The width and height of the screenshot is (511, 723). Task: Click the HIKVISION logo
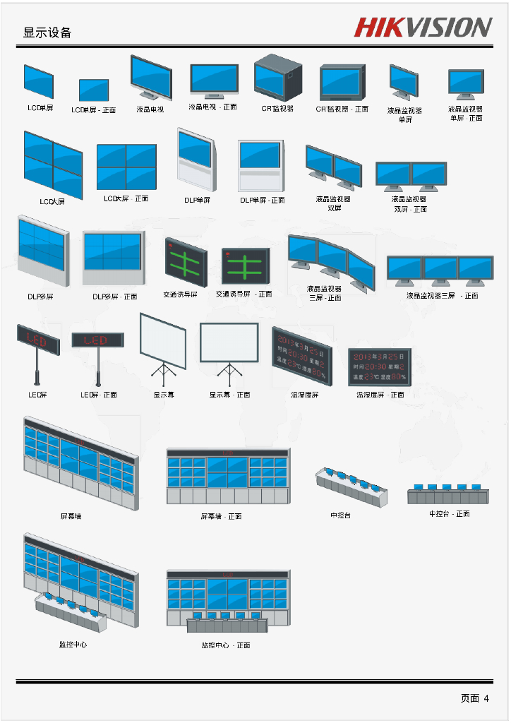pyautogui.click(x=423, y=28)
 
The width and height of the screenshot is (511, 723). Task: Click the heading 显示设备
pyautogui.click(x=47, y=32)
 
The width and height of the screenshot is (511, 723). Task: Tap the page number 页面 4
pyautogui.click(x=474, y=698)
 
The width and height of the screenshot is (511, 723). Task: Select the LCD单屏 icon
pyautogui.click(x=39, y=82)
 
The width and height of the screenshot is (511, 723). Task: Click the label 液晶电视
pyautogui.click(x=150, y=109)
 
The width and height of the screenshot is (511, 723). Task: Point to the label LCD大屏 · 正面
pyautogui.click(x=126, y=199)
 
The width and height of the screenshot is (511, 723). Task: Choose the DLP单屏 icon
pyautogui.click(x=196, y=160)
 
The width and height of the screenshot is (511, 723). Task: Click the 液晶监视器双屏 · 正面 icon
pyautogui.click(x=411, y=176)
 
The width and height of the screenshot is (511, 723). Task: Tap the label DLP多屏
pyautogui.click(x=40, y=297)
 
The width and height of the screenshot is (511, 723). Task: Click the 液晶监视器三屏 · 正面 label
pyautogui.click(x=442, y=296)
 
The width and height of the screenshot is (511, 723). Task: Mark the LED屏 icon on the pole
pyautogui.click(x=38, y=340)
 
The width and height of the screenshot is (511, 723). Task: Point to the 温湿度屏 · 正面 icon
pyautogui.click(x=380, y=366)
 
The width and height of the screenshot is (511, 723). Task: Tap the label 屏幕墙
pyautogui.click(x=71, y=516)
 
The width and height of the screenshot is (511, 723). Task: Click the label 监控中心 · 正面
pyautogui.click(x=226, y=645)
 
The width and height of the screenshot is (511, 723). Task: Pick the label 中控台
pyautogui.click(x=340, y=515)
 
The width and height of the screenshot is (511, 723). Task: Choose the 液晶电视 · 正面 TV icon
pyautogui.click(x=215, y=80)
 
